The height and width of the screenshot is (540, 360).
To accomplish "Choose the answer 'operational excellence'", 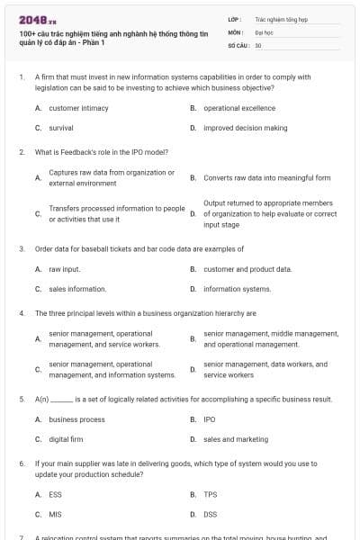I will (238, 108).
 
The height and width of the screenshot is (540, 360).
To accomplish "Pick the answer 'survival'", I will (61, 128).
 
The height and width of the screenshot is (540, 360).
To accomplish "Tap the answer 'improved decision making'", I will (245, 128).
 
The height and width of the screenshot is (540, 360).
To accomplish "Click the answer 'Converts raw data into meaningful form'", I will (267, 177).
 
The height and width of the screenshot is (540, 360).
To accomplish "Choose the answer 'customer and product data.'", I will (247, 269).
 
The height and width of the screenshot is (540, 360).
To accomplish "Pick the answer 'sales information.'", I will (77, 289).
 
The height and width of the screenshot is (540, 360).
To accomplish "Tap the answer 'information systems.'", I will (237, 289).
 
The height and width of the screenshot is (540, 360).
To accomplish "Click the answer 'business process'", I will (76, 419).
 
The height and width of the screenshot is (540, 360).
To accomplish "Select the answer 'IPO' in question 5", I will (210, 419).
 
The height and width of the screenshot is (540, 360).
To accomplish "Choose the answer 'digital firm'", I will (66, 439).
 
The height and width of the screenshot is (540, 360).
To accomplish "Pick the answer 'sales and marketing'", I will (236, 439).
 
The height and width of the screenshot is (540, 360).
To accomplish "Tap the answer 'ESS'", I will (55, 494).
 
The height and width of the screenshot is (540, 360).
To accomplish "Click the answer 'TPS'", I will (210, 494).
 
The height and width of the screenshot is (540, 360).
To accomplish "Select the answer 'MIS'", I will (55, 514).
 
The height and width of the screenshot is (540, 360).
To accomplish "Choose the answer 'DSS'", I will (210, 514).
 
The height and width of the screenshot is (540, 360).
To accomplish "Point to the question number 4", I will (22, 313).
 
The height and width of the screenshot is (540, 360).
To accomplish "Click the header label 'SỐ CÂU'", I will (238, 44).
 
